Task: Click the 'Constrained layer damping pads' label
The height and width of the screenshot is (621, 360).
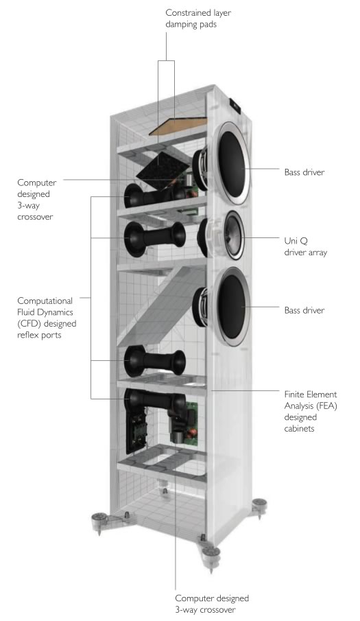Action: tap(197, 19)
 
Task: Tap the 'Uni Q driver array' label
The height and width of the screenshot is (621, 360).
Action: tap(305, 246)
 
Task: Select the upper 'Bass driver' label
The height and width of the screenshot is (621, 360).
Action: tap(304, 172)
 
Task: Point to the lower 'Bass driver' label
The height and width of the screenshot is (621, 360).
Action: tap(304, 310)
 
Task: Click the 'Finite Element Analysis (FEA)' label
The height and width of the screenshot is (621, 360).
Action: tap(311, 400)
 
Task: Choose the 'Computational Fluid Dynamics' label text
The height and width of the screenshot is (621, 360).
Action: tap(45, 306)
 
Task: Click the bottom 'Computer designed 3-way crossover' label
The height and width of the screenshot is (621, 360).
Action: tap(212, 604)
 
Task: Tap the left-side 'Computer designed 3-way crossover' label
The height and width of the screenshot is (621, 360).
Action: tap(36, 200)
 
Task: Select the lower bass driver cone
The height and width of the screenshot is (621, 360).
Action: tap(232, 307)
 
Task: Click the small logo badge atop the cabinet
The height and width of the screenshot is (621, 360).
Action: tap(235, 105)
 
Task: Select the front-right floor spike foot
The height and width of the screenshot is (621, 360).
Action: tap(211, 556)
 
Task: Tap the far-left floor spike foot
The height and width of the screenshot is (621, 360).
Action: tap(99, 522)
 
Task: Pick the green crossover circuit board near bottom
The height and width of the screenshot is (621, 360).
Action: tap(191, 421)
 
